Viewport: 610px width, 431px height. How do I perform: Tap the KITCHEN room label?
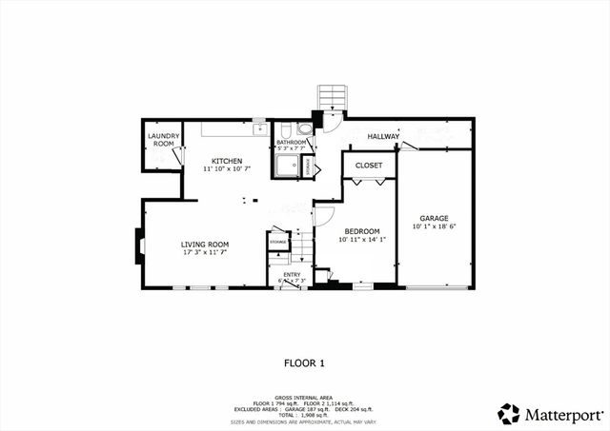[x=227, y=161]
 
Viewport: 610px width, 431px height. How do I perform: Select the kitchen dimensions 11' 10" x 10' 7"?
[x=227, y=169]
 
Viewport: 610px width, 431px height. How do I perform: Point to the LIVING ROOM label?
[x=205, y=245]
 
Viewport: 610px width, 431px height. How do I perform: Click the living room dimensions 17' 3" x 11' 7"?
[x=205, y=253]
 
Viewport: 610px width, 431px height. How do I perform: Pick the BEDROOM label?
[x=362, y=231]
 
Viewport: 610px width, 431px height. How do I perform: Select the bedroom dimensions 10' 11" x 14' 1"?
[x=362, y=240]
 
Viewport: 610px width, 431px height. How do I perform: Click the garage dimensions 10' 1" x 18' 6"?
[x=434, y=226]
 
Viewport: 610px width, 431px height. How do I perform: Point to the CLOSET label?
[x=368, y=166]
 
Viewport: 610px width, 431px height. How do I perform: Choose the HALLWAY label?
[x=382, y=136]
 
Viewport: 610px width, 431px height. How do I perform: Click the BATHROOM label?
[x=291, y=142]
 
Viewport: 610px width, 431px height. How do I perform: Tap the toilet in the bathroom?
[x=304, y=129]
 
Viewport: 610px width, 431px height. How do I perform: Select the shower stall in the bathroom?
[x=286, y=167]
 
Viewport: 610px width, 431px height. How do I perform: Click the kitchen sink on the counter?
[x=258, y=127]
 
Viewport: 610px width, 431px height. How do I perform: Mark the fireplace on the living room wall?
[x=139, y=246]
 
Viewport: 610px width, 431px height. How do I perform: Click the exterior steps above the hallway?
[x=331, y=98]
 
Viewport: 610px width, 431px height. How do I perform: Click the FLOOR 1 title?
[x=305, y=362]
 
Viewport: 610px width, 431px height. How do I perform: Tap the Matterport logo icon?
[x=509, y=414]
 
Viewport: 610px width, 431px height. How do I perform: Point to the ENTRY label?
[x=292, y=275]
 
